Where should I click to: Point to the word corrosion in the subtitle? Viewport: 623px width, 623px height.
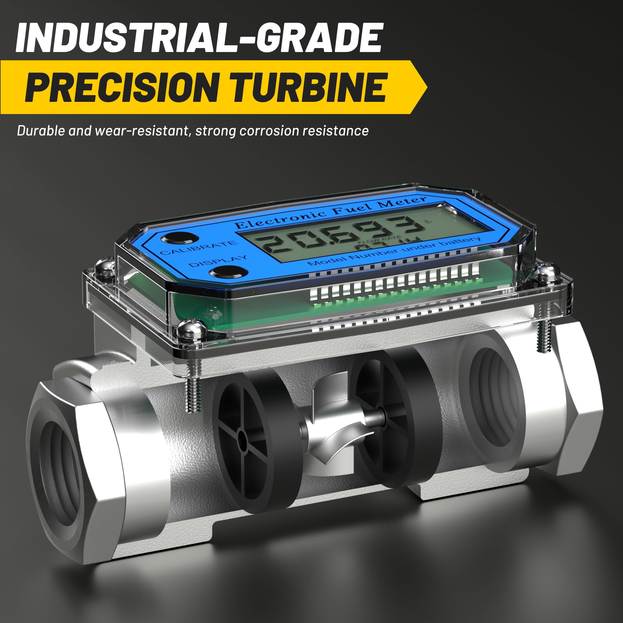pos(270,131)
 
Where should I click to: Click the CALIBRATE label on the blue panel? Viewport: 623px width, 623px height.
pos(198,248)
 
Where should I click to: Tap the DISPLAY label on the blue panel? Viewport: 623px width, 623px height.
pos(218,261)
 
